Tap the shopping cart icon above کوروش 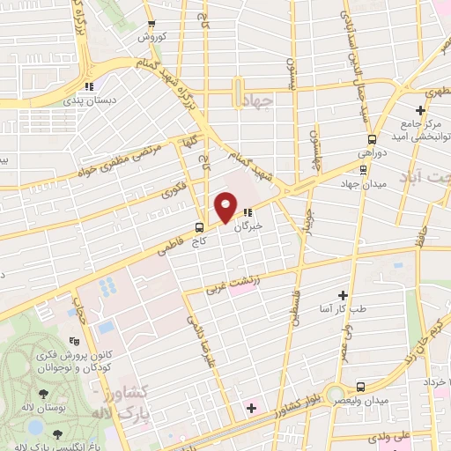(x=151, y=24)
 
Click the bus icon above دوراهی (x=372, y=138)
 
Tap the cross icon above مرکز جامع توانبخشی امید (x=421, y=110)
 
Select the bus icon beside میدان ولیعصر (x=360, y=386)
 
